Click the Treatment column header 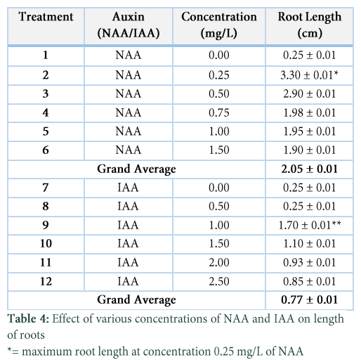coord(46,17)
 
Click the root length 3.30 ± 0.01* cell coord(310,75)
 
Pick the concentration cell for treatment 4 coord(219,112)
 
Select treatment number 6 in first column coord(46,150)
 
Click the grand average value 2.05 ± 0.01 coord(310,169)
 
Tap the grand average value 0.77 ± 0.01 coord(310,300)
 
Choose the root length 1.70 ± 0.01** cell coord(310,225)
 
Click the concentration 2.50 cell coord(219,281)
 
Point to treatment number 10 coord(46,243)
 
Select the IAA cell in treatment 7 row coord(128,188)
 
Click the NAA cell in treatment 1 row coord(129,56)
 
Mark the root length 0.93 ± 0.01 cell coord(310,262)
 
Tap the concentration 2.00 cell coord(219,262)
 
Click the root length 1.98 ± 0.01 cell coord(310,112)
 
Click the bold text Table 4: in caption coord(28,319)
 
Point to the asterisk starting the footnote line coord(9,350)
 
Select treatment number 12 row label coord(46,281)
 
